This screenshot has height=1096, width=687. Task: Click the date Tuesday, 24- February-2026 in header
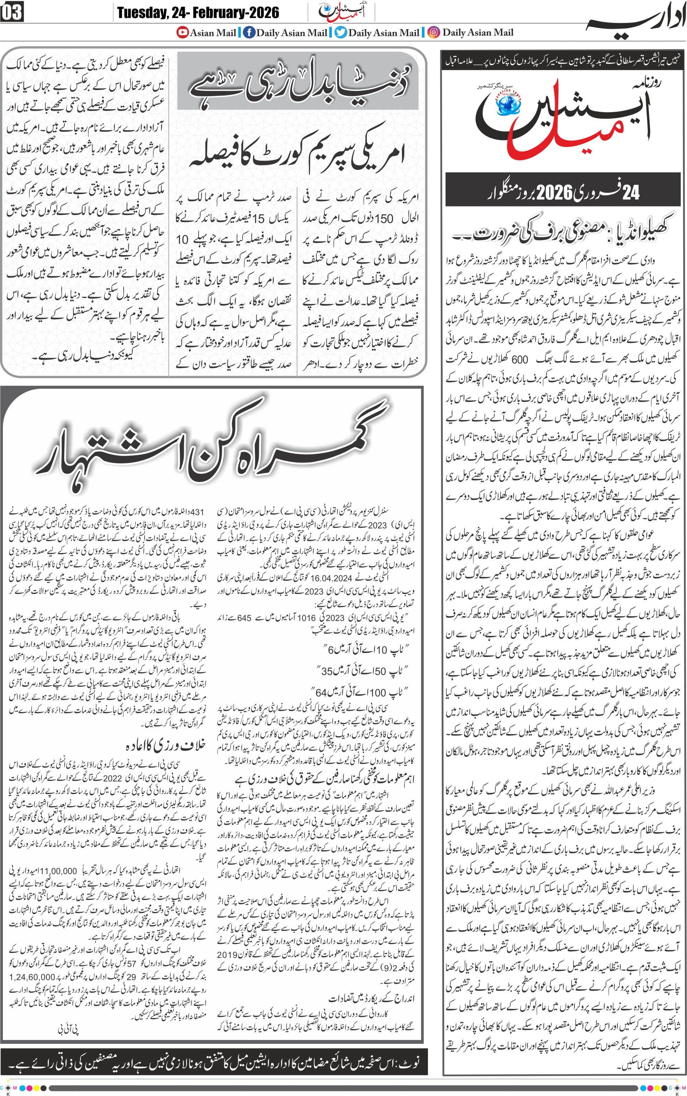198,12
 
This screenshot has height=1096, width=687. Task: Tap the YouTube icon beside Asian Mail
183,32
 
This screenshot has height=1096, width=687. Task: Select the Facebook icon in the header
249,32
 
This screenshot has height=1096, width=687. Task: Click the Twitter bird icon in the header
341,32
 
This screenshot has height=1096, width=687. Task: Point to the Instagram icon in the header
434,32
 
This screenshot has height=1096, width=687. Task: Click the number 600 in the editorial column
519,359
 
